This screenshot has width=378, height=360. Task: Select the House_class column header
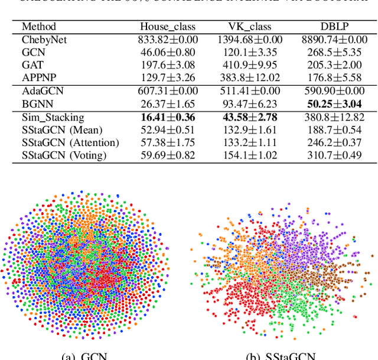(167, 27)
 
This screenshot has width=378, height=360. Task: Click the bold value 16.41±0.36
(167, 117)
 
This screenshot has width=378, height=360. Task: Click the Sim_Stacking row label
(53, 117)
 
